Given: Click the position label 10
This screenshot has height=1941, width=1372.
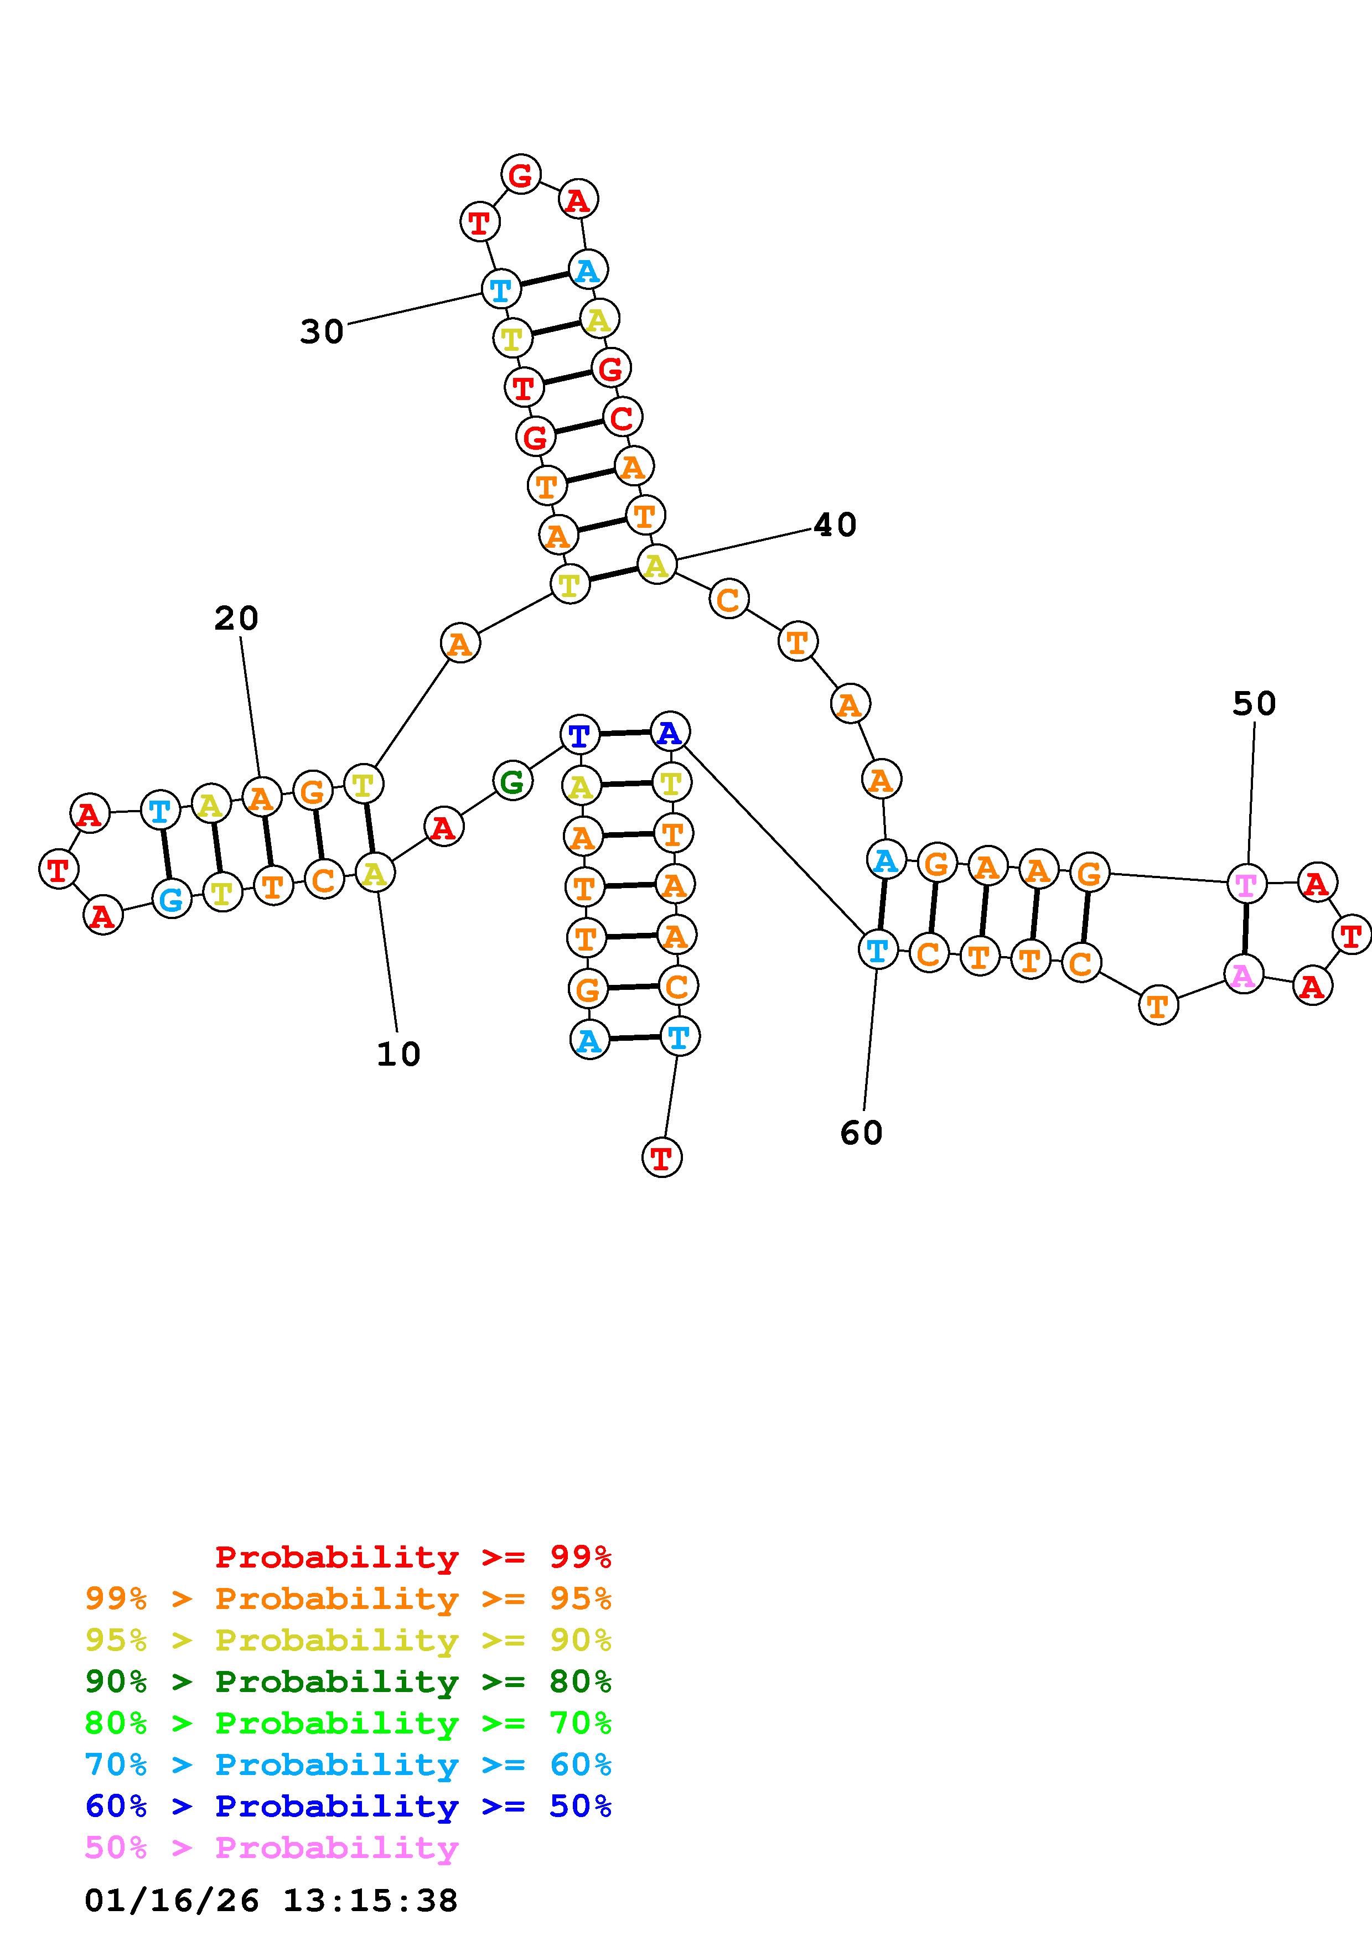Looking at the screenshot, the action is pyautogui.click(x=398, y=1054).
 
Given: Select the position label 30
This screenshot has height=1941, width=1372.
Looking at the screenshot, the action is pyautogui.click(x=322, y=332).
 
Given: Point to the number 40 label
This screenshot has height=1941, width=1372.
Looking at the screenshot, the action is pyautogui.click(x=835, y=525).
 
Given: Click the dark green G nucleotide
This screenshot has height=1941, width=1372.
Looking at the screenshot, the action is pyautogui.click(x=512, y=781).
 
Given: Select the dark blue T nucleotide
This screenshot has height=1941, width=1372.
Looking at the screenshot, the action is pyautogui.click(x=580, y=735).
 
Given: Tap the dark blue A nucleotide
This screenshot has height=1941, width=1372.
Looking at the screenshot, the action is pyautogui.click(x=670, y=732).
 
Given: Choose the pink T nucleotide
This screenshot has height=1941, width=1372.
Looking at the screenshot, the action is pyautogui.click(x=1246, y=884).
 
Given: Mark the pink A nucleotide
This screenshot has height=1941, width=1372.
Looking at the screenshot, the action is pyautogui.click(x=1242, y=975).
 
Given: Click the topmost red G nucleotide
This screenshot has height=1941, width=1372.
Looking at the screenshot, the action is pyautogui.click(x=521, y=175).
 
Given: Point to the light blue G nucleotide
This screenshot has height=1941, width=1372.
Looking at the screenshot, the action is pyautogui.click(x=172, y=900).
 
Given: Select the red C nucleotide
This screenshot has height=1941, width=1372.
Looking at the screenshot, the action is pyautogui.click(x=622, y=418).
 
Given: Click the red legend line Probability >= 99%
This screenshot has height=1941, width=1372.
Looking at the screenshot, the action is pyautogui.click(x=412, y=1557).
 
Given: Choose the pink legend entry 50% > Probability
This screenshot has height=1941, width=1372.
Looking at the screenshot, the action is pyautogui.click(x=271, y=1848).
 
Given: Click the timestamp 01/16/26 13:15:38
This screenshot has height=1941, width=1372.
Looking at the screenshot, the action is pyautogui.click(x=271, y=1901).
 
